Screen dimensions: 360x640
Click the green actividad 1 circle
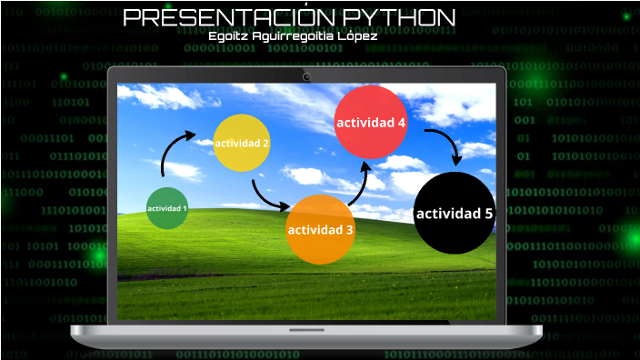click(x=167, y=208)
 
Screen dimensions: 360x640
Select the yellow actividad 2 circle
click(x=241, y=143)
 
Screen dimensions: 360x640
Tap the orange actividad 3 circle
click(x=320, y=229)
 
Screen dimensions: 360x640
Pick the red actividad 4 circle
click(x=370, y=121)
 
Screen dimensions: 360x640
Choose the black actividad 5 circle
click(x=455, y=213)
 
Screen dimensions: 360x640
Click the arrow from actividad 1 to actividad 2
click(x=175, y=147)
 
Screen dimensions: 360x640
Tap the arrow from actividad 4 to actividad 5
click(x=443, y=145)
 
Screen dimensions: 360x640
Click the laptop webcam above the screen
click(x=307, y=76)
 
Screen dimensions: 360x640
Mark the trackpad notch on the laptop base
click(x=306, y=328)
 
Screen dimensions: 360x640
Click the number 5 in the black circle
click(x=488, y=214)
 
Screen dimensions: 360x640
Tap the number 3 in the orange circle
click(x=349, y=230)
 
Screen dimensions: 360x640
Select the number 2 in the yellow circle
click(x=265, y=143)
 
